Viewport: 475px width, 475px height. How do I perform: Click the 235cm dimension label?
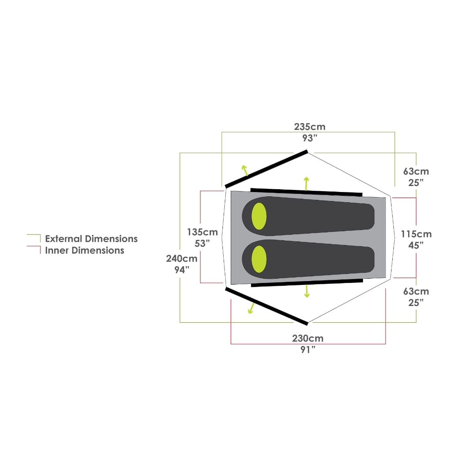[310, 127]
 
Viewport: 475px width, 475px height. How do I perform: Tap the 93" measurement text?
[310, 138]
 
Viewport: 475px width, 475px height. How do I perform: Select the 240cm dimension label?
[182, 258]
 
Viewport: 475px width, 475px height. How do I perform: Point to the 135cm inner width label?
[202, 232]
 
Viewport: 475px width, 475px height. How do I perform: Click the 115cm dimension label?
[416, 234]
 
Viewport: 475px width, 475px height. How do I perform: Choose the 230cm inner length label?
[308, 338]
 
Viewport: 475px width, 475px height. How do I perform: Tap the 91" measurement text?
[308, 350]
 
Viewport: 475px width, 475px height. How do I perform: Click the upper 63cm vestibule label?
[416, 171]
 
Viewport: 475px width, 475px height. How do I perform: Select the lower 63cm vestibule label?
[416, 291]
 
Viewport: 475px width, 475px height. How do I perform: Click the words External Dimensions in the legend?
[91, 239]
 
